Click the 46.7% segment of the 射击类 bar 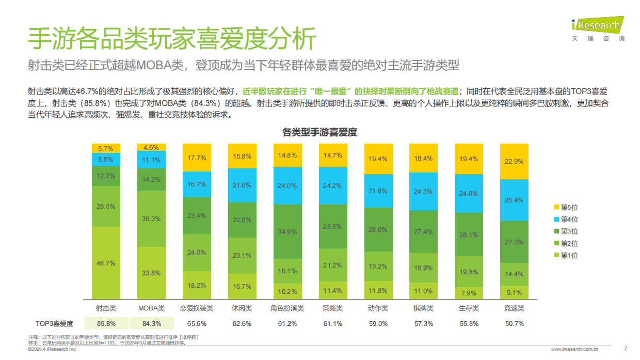coord(106,263)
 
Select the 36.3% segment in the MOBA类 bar coord(151,218)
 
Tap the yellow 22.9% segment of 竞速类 coord(514,161)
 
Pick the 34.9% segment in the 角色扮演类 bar coord(287,231)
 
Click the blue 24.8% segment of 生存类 coord(469,194)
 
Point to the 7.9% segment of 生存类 coord(469,293)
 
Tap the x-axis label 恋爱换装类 coord(197,308)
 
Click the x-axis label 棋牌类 coord(423,308)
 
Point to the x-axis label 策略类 coord(332,308)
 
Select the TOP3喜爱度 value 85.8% coord(106,324)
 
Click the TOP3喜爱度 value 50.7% coord(514,324)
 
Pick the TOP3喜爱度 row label coord(54,324)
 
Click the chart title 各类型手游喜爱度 coord(320,132)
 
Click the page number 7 coord(626,349)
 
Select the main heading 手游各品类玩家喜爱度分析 coord(171,39)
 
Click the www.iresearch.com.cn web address coord(574,350)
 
